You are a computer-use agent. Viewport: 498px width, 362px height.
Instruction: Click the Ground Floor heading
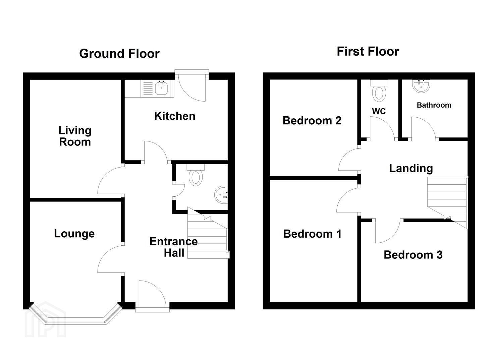[x=119, y=54]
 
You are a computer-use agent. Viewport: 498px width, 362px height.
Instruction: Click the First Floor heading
[x=368, y=52]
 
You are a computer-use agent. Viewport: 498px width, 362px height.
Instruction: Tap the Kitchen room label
[x=175, y=116]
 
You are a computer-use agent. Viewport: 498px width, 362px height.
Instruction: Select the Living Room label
[x=75, y=136]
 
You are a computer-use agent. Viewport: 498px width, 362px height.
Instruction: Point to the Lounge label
[x=74, y=234]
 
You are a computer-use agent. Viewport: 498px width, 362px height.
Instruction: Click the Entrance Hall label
[x=174, y=247]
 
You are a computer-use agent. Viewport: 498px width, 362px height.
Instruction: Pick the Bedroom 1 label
[x=312, y=234]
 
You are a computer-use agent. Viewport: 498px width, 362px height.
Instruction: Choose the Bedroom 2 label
[x=312, y=121]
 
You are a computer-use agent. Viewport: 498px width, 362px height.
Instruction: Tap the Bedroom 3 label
[x=413, y=255]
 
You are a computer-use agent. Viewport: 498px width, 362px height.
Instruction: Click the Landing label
[x=411, y=169]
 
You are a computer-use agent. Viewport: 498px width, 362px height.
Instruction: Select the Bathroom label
[x=434, y=105]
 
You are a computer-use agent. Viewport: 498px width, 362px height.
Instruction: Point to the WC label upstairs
[x=379, y=111]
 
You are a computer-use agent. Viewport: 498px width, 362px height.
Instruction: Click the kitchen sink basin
[x=161, y=88]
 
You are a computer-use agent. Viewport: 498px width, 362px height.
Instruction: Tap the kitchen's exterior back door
[x=191, y=86]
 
